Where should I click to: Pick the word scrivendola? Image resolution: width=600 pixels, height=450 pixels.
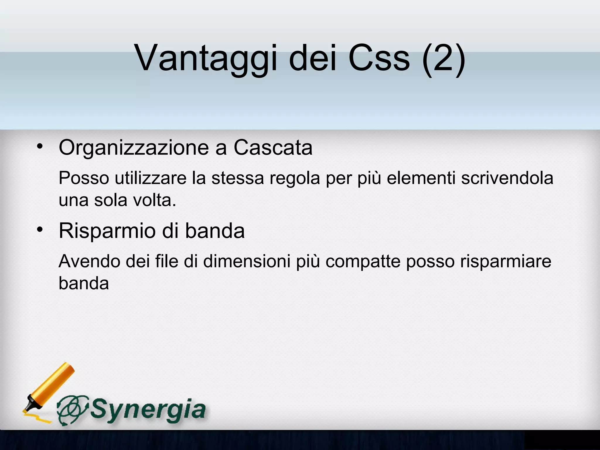click(507, 178)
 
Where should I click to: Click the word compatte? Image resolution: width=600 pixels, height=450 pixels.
click(363, 262)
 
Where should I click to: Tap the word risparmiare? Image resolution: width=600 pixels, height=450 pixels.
click(506, 262)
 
